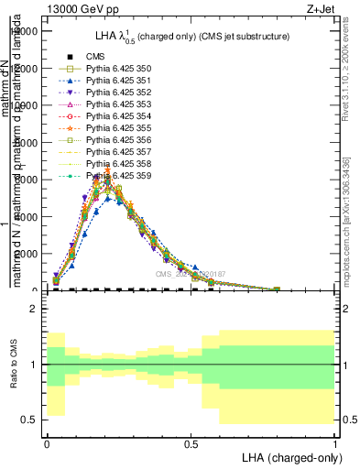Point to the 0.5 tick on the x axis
point(191,442)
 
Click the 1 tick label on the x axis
point(335,442)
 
